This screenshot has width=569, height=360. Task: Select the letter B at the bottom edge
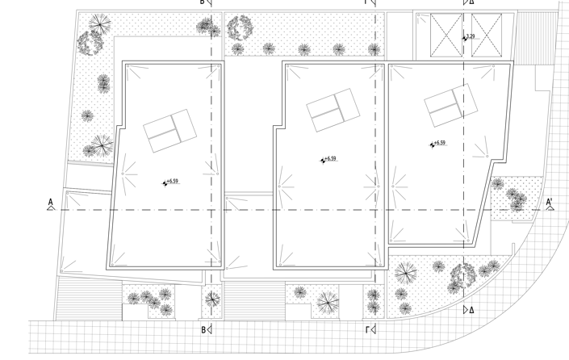click(203, 329)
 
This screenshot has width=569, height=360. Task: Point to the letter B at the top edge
click(203, 2)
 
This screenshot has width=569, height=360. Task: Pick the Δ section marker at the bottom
click(469, 309)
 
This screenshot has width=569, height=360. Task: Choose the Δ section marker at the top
click(469, 2)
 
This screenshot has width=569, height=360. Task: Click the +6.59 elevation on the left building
click(170, 182)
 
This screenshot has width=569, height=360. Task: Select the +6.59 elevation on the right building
click(438, 144)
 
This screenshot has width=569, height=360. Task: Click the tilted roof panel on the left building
click(169, 132)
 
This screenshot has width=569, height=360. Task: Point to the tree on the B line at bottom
click(212, 298)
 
